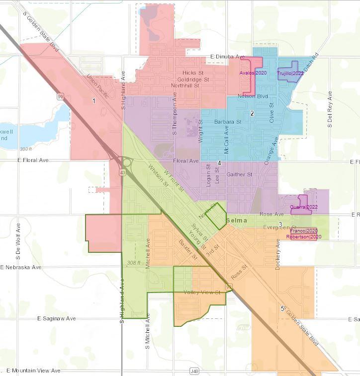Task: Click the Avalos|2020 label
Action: coord(253,73)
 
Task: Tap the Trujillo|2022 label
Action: coord(290,74)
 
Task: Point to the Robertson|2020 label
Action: coord(303,237)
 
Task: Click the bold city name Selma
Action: coord(237,220)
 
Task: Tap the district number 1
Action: coord(93,101)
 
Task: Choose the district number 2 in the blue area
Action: coord(252,114)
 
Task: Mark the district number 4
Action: coord(219,163)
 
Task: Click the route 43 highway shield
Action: coord(122,172)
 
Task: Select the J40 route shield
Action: coord(194,371)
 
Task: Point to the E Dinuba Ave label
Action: coord(228,57)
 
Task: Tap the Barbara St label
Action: coord(228,122)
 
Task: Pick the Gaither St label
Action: coord(239,175)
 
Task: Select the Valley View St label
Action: coord(201,293)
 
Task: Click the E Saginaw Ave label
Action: coord(57,318)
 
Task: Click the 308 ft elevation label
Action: coord(134,263)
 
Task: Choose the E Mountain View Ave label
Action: coord(33,371)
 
